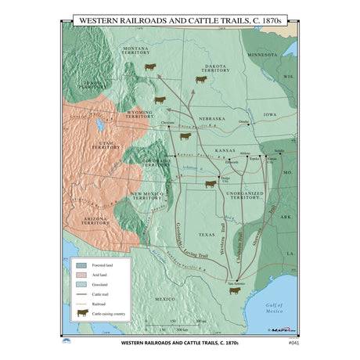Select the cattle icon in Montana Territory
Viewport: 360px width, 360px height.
149,67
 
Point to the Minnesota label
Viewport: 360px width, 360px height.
261,56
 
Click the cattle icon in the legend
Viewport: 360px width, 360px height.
81,313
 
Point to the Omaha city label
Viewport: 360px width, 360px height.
243,122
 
